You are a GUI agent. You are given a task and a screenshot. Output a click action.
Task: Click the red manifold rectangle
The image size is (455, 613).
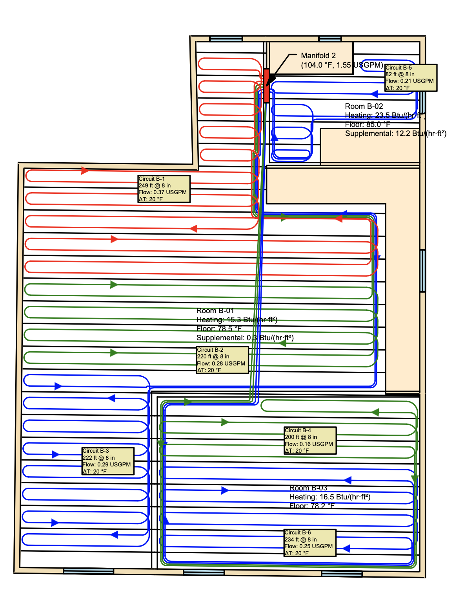[x=267, y=86]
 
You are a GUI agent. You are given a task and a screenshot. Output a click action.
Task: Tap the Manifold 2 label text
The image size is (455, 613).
[x=318, y=56]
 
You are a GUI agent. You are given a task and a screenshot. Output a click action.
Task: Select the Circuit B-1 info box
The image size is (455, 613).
[x=164, y=189]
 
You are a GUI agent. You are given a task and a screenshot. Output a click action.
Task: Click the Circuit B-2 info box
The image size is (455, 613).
[x=222, y=360]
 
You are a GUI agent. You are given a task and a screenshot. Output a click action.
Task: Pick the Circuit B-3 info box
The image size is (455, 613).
[x=108, y=461]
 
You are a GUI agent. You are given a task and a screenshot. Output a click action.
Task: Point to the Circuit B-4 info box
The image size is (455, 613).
[x=310, y=440]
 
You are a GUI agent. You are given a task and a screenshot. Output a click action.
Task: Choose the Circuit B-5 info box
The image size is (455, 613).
[x=411, y=78]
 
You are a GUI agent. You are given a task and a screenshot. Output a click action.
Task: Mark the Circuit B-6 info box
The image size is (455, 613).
[x=310, y=543]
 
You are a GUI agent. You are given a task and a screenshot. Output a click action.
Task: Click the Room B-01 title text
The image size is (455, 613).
[x=215, y=310]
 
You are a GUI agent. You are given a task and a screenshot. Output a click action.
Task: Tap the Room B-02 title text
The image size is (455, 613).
[x=364, y=106]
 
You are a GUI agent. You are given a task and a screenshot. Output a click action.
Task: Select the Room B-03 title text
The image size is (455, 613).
[x=308, y=488]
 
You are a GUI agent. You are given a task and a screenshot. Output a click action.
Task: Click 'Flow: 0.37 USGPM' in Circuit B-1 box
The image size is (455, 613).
[x=162, y=193]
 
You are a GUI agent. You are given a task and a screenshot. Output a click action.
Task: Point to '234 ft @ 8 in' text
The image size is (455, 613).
[x=300, y=540]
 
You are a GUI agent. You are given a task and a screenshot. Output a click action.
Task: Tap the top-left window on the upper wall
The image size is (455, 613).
[x=226, y=39]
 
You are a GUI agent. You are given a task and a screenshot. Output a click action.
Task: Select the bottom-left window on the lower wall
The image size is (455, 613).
[x=88, y=571]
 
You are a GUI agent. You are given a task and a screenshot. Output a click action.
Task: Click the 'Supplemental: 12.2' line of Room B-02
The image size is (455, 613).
[x=395, y=134]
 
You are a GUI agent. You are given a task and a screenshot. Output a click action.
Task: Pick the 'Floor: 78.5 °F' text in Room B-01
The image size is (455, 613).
[x=219, y=329]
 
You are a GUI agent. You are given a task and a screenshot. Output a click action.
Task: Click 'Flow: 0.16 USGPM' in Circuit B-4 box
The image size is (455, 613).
[x=309, y=444]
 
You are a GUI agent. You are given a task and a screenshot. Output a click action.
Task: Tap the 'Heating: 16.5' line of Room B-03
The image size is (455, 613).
[x=329, y=497]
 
